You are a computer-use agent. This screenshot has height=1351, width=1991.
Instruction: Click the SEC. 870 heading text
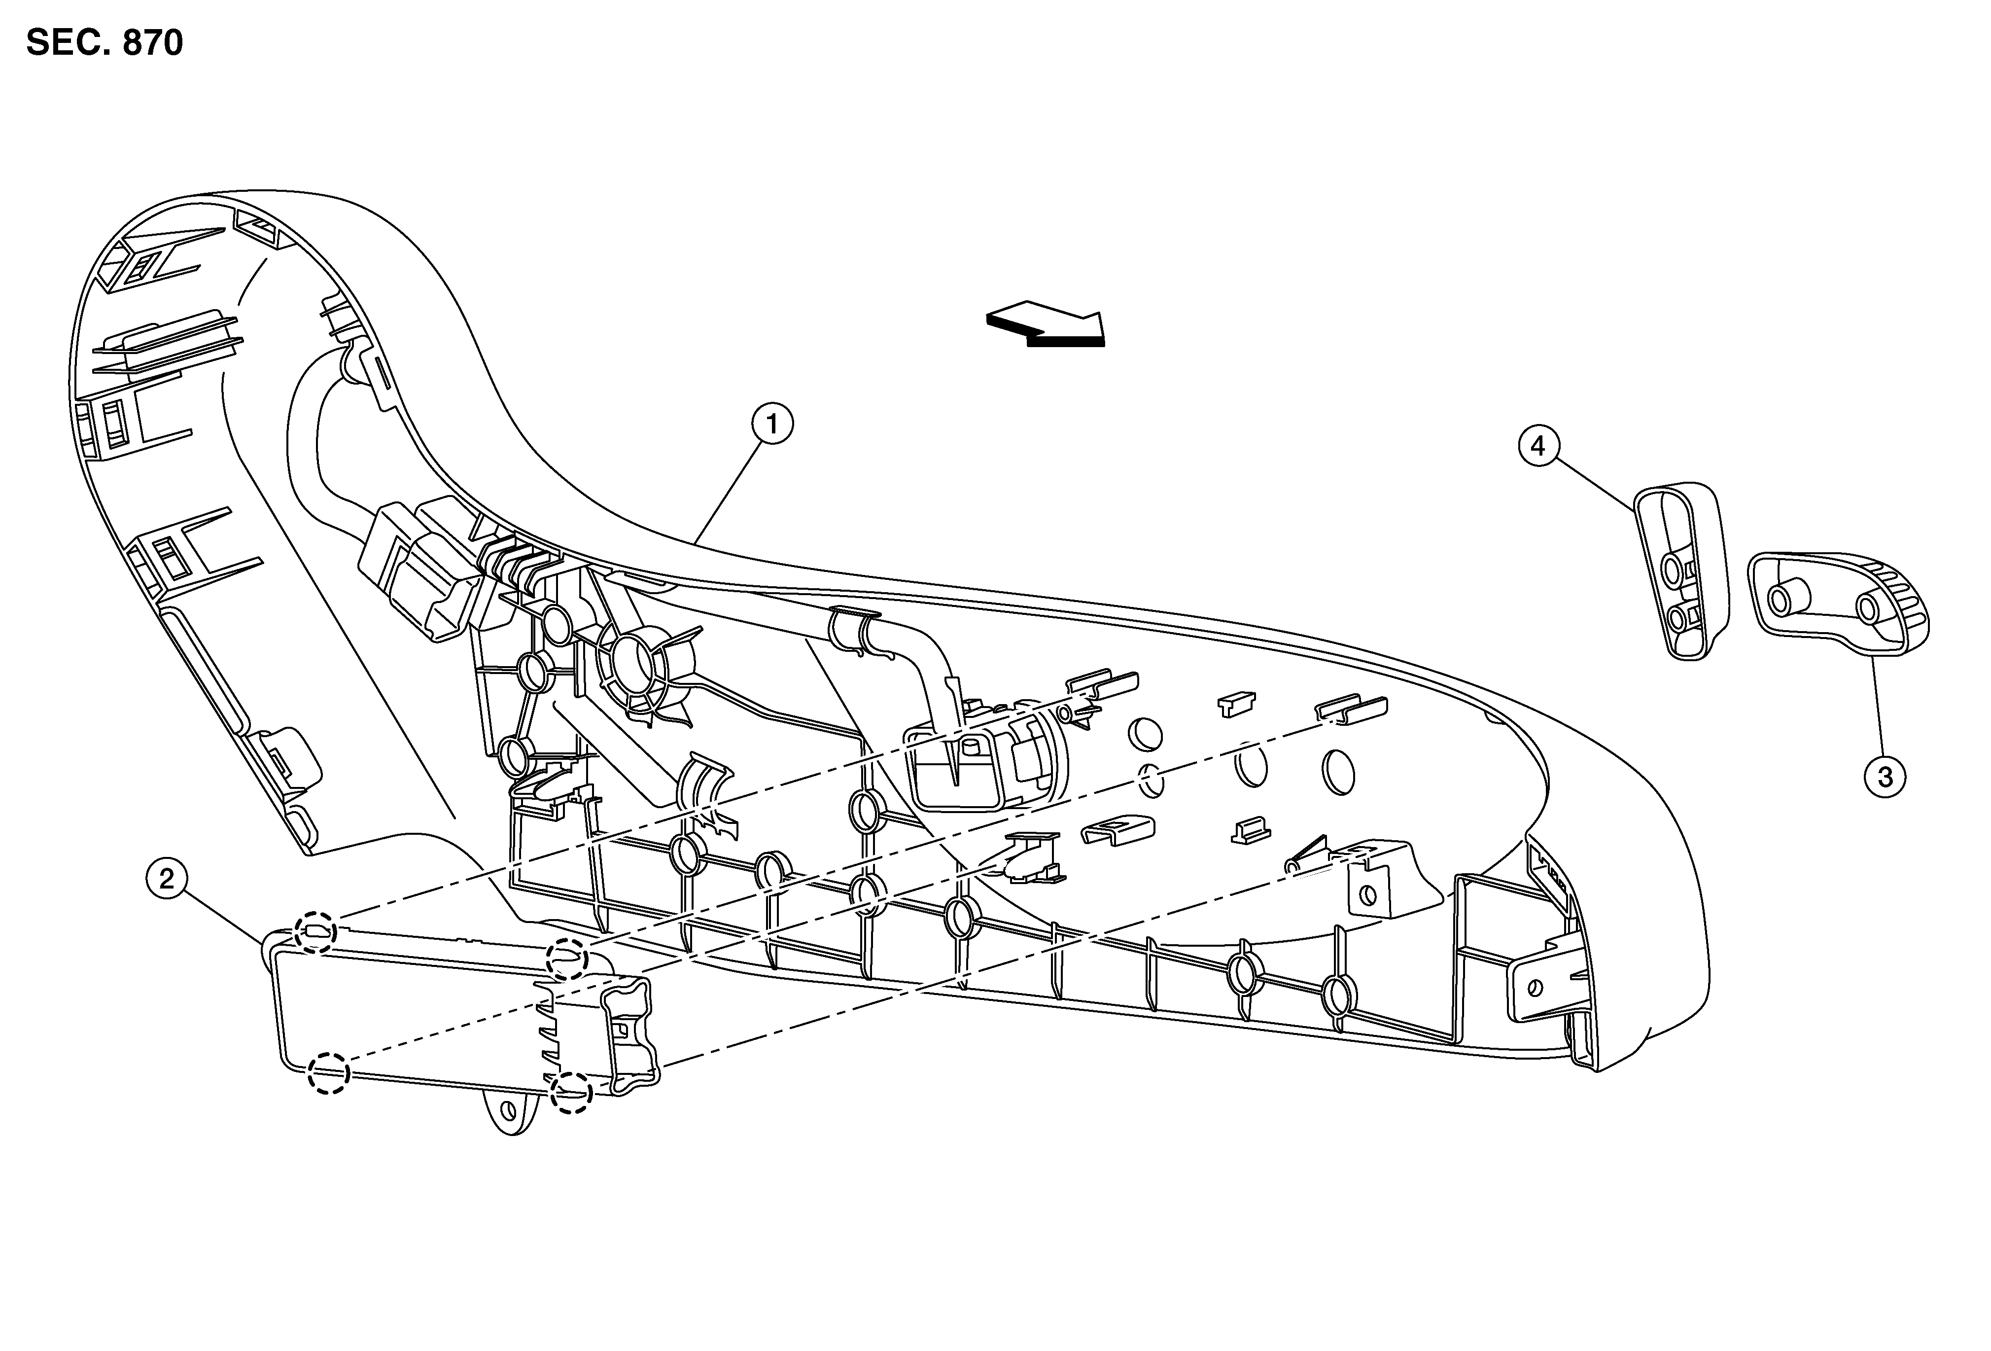(x=105, y=42)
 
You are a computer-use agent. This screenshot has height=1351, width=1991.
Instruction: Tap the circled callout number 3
(x=1885, y=777)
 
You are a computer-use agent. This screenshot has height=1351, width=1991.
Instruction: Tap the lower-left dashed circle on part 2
(x=329, y=1072)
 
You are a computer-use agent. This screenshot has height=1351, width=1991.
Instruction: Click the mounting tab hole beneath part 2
(x=509, y=1111)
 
